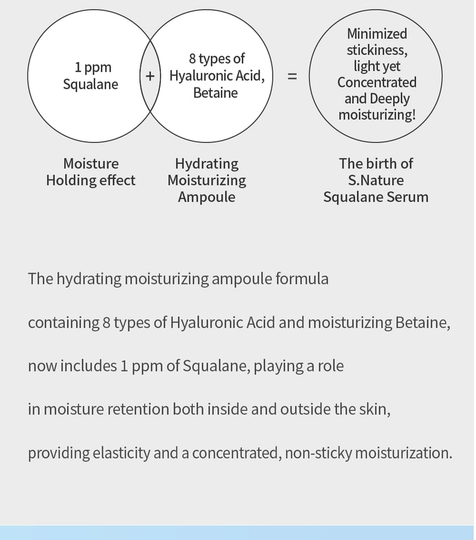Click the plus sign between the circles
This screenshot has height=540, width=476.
(x=150, y=76)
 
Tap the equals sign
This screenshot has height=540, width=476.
(x=292, y=76)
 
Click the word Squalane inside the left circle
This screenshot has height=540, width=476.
(x=91, y=84)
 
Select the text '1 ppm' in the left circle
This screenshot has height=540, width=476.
(x=93, y=67)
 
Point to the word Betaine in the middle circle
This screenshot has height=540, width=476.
(x=216, y=92)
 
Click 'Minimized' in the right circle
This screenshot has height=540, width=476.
(x=377, y=34)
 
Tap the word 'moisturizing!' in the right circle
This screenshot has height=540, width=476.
(x=377, y=115)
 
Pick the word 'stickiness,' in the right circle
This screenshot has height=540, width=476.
(x=377, y=50)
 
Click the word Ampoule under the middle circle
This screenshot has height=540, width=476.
(x=206, y=198)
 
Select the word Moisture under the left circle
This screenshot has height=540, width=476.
(x=91, y=164)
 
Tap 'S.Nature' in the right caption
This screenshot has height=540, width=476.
(x=376, y=180)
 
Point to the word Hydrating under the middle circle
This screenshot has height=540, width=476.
(x=206, y=164)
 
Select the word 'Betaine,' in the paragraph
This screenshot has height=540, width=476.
(x=423, y=323)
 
